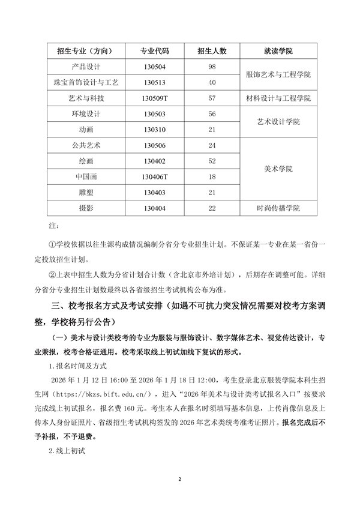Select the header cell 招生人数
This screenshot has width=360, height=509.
(211, 50)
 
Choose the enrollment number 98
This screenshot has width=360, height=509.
(211, 66)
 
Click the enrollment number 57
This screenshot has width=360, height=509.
(211, 98)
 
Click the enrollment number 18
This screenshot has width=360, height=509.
(211, 176)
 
